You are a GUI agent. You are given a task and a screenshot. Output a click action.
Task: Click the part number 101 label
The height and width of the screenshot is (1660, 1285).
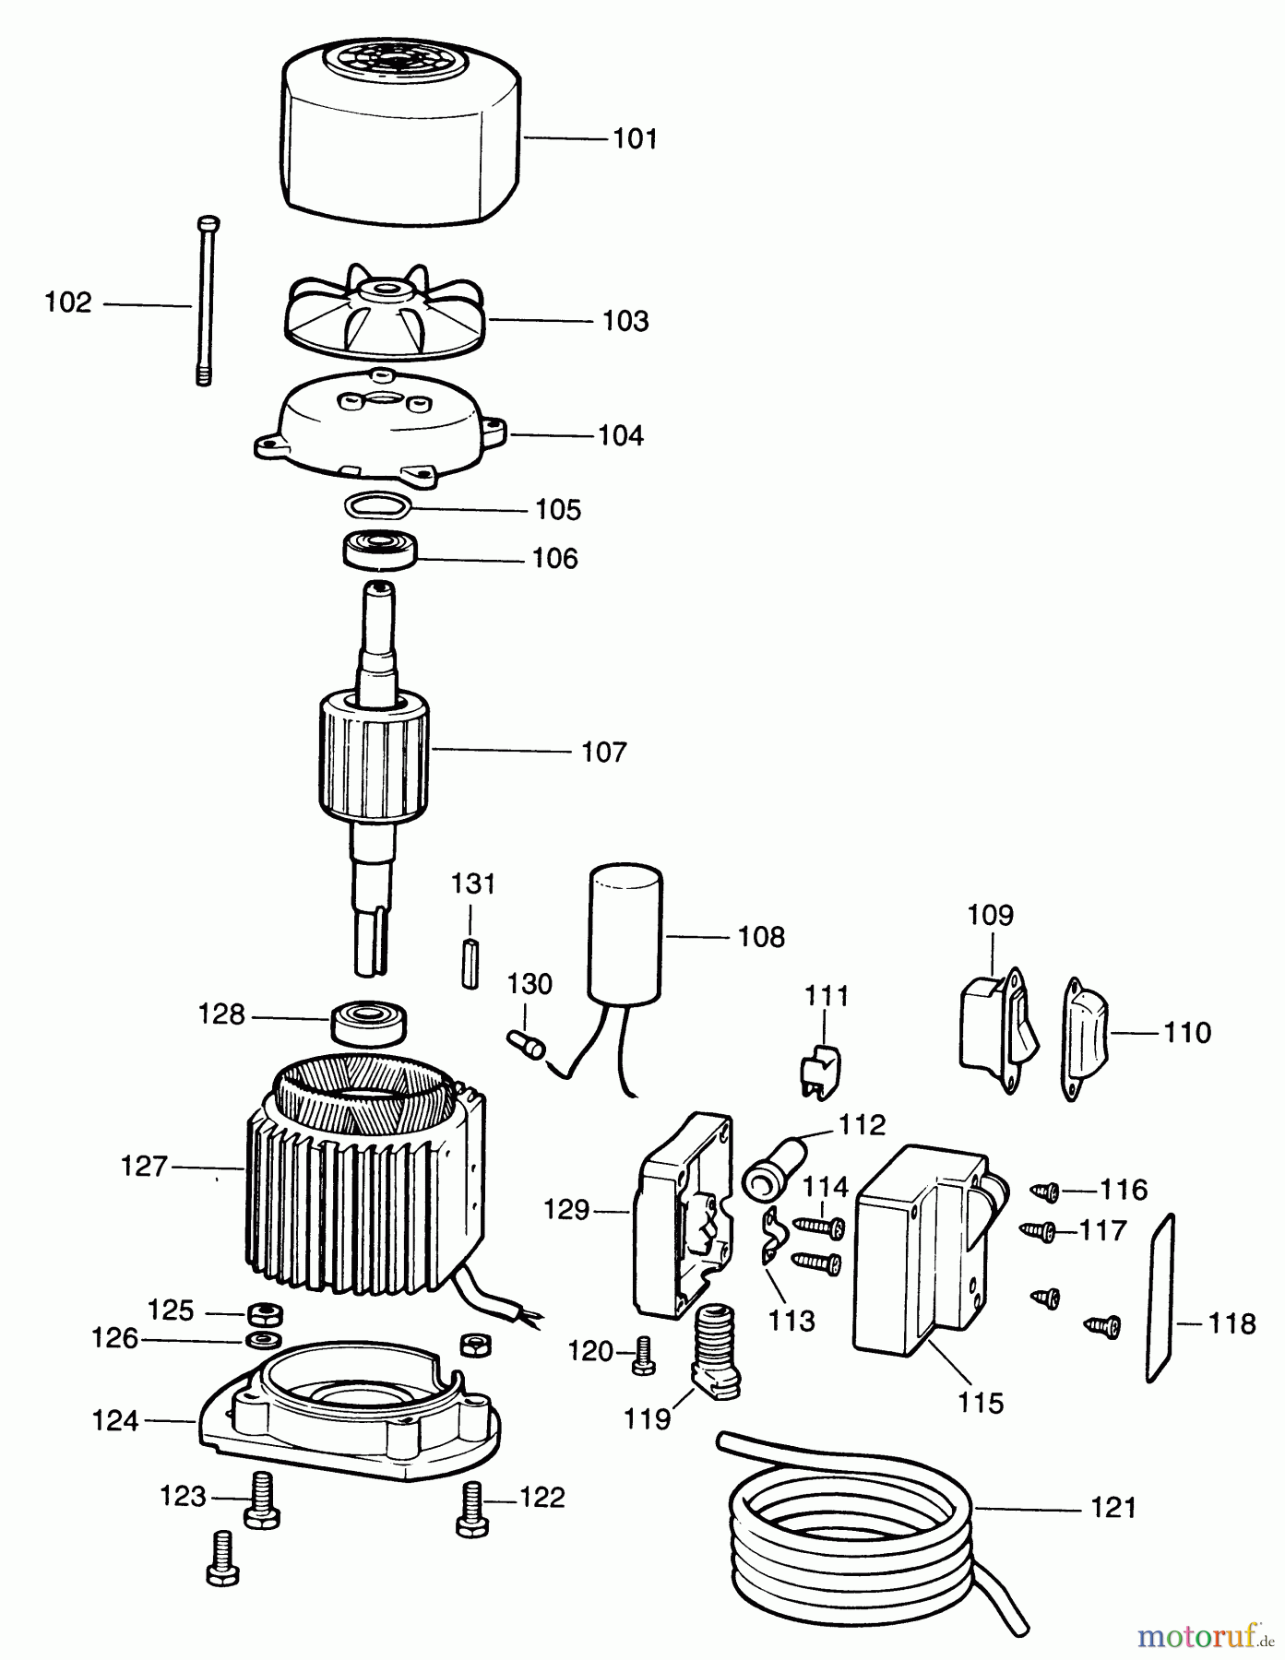pos(636,139)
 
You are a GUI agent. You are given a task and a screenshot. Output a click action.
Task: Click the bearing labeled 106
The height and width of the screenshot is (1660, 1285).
pos(380,551)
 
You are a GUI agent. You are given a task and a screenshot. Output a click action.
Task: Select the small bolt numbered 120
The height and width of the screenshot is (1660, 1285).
pos(644,1355)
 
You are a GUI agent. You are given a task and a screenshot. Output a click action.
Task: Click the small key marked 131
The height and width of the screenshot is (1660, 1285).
pos(470,963)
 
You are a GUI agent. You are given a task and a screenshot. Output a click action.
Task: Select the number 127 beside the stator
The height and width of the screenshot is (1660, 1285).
pos(145,1167)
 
